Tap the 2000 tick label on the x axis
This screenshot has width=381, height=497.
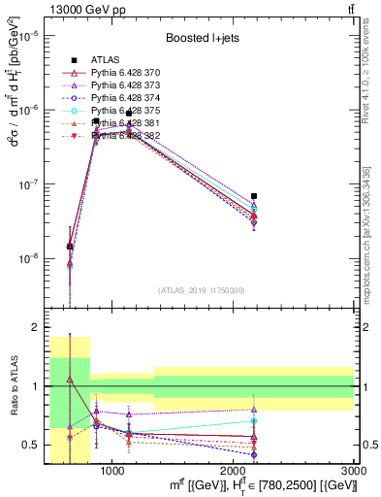click(x=234, y=471)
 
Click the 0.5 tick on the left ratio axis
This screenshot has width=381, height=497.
click(x=28, y=446)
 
